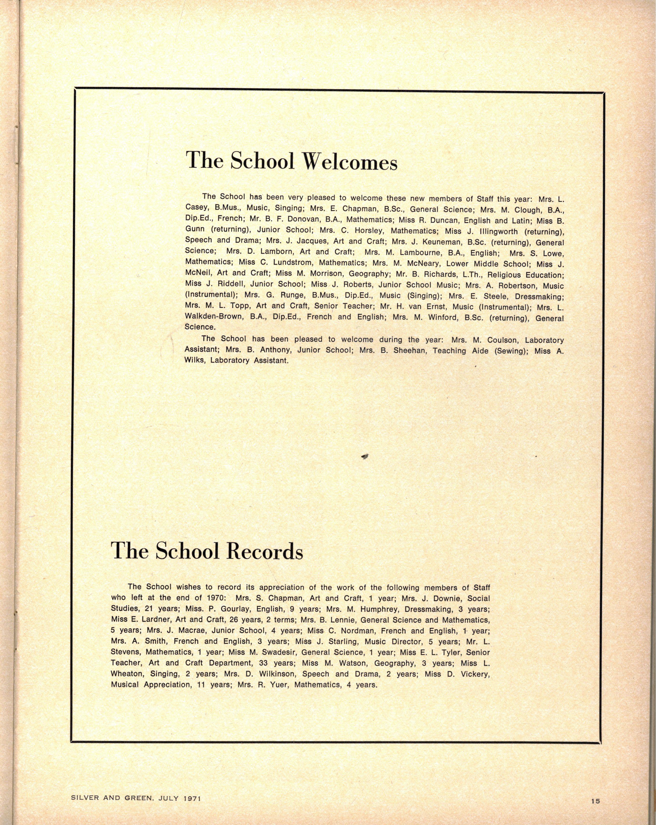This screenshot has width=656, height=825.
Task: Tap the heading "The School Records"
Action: click(x=207, y=551)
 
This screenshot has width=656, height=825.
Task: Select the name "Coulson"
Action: click(x=502, y=340)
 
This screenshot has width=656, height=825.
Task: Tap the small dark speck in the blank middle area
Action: click(x=365, y=456)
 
